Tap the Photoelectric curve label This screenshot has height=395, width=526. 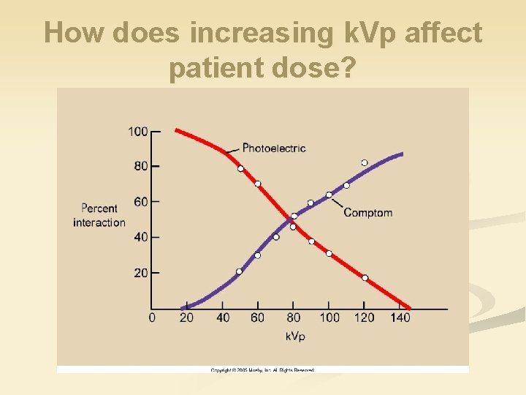(273, 148)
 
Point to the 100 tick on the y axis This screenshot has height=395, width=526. (137, 132)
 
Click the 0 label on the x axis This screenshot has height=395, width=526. (152, 317)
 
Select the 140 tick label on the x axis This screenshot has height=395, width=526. (400, 317)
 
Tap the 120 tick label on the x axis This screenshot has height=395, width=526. (364, 317)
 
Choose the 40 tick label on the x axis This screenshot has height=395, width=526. (223, 317)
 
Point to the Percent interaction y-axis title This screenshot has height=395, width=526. (99, 215)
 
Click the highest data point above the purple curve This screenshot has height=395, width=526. (364, 162)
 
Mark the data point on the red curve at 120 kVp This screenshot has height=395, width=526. (365, 278)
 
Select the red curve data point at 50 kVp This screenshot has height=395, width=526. (240, 169)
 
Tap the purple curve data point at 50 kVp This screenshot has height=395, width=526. (240, 271)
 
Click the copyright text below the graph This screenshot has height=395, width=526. (262, 370)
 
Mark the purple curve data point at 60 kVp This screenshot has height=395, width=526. (257, 255)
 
